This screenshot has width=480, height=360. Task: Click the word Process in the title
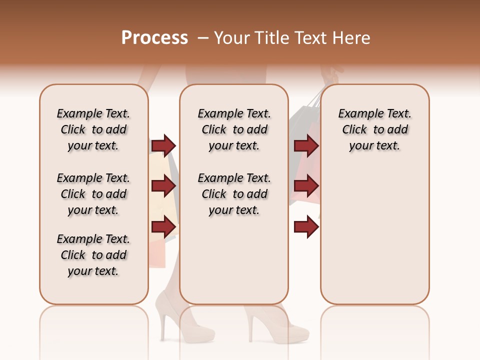pyautogui.click(x=154, y=38)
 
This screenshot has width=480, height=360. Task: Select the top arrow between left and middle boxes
pyautogui.click(x=163, y=145)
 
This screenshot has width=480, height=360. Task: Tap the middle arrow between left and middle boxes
pyautogui.click(x=163, y=186)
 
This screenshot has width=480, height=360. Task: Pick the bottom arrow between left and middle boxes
pyautogui.click(x=163, y=227)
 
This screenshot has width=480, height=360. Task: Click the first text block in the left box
pyautogui.click(x=93, y=129)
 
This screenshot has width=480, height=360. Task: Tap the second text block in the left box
pyautogui.click(x=93, y=194)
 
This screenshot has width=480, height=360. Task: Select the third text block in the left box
pyautogui.click(x=93, y=255)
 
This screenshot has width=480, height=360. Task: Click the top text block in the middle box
pyautogui.click(x=234, y=129)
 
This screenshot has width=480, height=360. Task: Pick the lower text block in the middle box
pyautogui.click(x=234, y=194)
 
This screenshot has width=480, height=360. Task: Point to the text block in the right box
pyautogui.click(x=374, y=129)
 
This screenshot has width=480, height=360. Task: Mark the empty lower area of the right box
pyautogui.click(x=374, y=235)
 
